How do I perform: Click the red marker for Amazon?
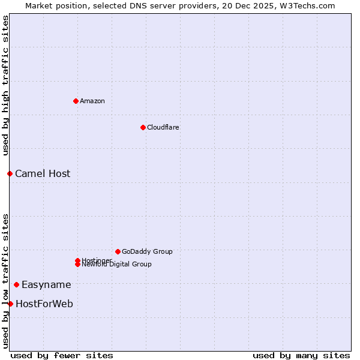pyautogui.click(x=76, y=101)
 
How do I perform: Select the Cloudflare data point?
pyautogui.click(x=143, y=127)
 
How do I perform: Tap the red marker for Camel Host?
pyautogui.click(x=10, y=173)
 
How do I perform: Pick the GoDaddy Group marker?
pyautogui.click(x=118, y=251)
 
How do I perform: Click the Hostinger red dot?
pyautogui.click(x=77, y=260)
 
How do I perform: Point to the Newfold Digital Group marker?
pyautogui.click(x=77, y=265)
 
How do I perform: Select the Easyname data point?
pyautogui.click(x=16, y=284)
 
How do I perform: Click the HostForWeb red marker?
pyautogui.click(x=10, y=304)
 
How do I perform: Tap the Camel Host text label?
pyautogui.click(x=43, y=174)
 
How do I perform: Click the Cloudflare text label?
pyautogui.click(x=163, y=127)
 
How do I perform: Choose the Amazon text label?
pyautogui.click(x=92, y=101)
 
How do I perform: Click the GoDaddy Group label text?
pyautogui.click(x=147, y=251)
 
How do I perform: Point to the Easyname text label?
pyautogui.click(x=46, y=285)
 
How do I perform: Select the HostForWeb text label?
pyautogui.click(x=44, y=304)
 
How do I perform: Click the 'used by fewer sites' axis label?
pyautogui.click(x=62, y=355)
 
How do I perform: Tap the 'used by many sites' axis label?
pyautogui.click(x=301, y=355)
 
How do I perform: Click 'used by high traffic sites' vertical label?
pyautogui.click(x=5, y=85)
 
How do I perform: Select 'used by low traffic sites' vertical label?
pyautogui.click(x=5, y=280)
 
